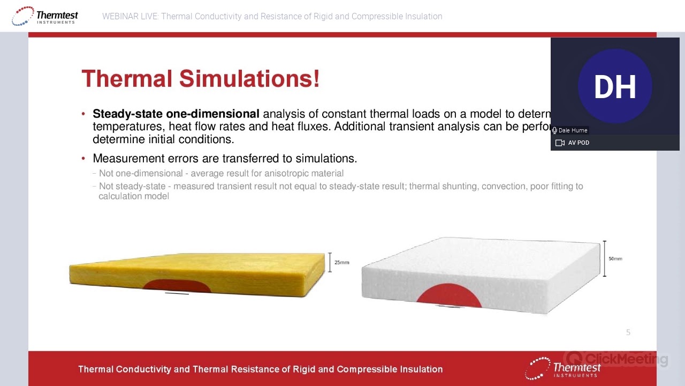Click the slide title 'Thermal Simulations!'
pos(201,79)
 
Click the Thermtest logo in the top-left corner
pos(45,16)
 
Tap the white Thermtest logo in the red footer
pos(563,368)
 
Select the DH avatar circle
pos(615,86)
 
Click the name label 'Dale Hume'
pos(573,130)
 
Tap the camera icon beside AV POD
pos(560,143)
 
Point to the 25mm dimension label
pos(341,262)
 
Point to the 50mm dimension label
pos(615,258)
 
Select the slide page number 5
pos(628,332)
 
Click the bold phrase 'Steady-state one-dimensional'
pos(176,114)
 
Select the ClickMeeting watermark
pos(616,359)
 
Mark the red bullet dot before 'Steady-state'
pos(83,114)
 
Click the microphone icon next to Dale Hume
pos(555,130)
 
